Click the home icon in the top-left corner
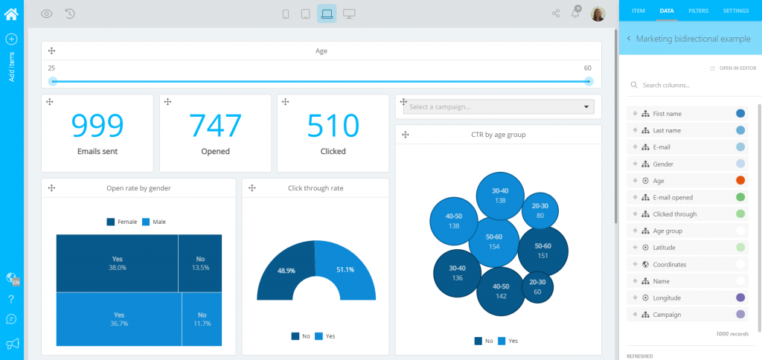tap(11, 13)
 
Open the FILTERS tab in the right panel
tap(698, 11)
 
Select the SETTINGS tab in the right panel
tap(735, 11)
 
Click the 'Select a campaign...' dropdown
tap(499, 107)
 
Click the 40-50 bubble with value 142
tap(500, 291)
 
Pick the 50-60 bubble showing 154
tap(494, 241)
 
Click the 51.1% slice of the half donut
tap(345, 270)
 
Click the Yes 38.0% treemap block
tap(117, 263)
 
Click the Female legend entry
tap(122, 222)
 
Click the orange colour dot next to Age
tap(740, 181)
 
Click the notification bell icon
tap(575, 13)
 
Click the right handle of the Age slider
tap(589, 81)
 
